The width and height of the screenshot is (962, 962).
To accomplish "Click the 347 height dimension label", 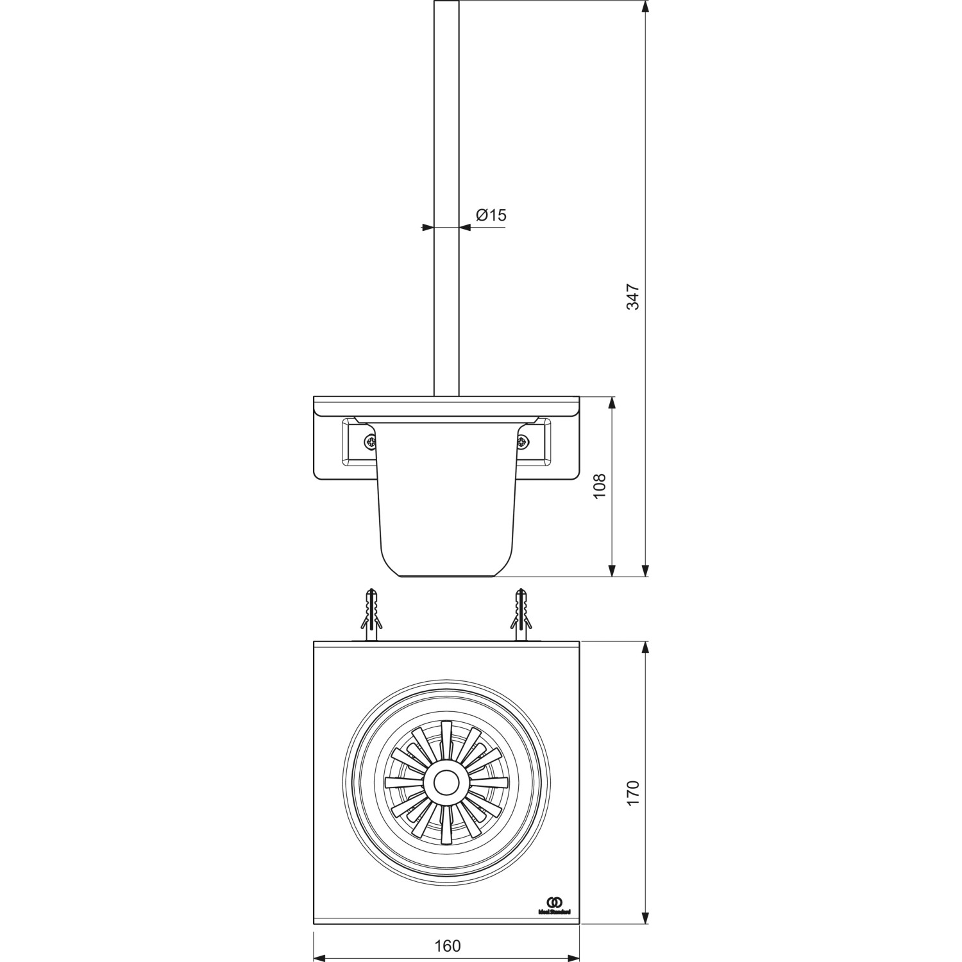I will pyautogui.click(x=633, y=296).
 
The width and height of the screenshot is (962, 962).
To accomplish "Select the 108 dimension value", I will pyautogui.click(x=600, y=487).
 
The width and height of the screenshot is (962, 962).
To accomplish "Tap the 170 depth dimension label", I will pyautogui.click(x=633, y=793).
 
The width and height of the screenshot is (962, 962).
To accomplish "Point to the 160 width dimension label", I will pyautogui.click(x=447, y=946).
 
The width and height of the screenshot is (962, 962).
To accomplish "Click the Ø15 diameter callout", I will pyautogui.click(x=491, y=215).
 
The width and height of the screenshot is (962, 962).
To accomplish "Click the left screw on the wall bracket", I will pyautogui.click(x=370, y=441).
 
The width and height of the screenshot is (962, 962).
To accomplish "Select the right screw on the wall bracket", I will pyautogui.click(x=523, y=441).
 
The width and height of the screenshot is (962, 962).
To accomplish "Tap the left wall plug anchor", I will pyautogui.click(x=370, y=614).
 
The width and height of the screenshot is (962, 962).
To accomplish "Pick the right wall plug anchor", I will pyautogui.click(x=521, y=614).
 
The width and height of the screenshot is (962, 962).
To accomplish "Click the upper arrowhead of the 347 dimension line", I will pyautogui.click(x=646, y=6).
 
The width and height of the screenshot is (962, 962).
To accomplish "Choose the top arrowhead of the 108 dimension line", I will pyautogui.click(x=612, y=403).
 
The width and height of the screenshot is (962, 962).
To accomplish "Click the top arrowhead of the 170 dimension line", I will pyautogui.click(x=646, y=647).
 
